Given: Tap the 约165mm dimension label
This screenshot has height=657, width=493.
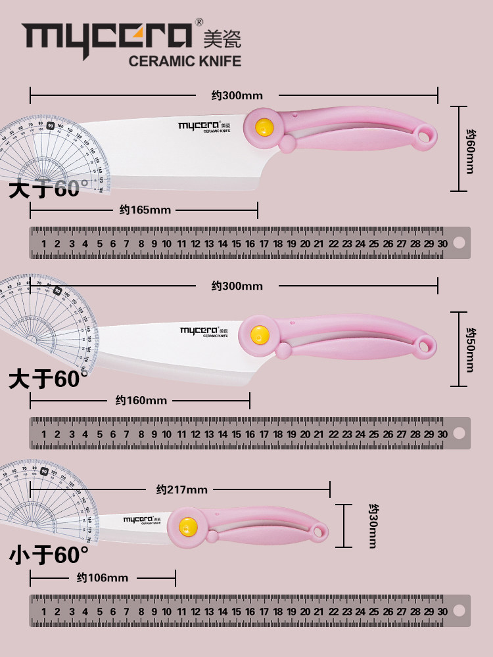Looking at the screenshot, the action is (145, 210).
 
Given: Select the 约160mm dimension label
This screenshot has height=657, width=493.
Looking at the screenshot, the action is (141, 400).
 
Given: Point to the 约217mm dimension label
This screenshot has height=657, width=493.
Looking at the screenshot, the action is (181, 489).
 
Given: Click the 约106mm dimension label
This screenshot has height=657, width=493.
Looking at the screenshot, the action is (102, 578).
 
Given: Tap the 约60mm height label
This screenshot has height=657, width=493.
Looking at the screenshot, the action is (469, 150).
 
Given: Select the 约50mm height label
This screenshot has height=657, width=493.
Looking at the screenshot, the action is (469, 350).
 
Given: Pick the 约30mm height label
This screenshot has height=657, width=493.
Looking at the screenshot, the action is (372, 526).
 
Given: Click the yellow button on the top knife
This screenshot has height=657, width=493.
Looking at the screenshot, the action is (264, 127).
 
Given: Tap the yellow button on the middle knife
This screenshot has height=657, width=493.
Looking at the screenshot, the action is (260, 334).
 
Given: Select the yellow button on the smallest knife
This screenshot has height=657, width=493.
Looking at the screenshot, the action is (188, 526).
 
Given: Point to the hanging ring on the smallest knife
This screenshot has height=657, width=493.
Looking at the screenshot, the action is (319, 532).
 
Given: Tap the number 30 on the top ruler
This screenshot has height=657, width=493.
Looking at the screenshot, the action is (442, 244).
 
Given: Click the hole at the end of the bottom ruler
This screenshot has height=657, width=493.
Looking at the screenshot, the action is (459, 612).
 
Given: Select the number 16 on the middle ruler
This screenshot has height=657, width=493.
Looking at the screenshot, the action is (250, 434).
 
